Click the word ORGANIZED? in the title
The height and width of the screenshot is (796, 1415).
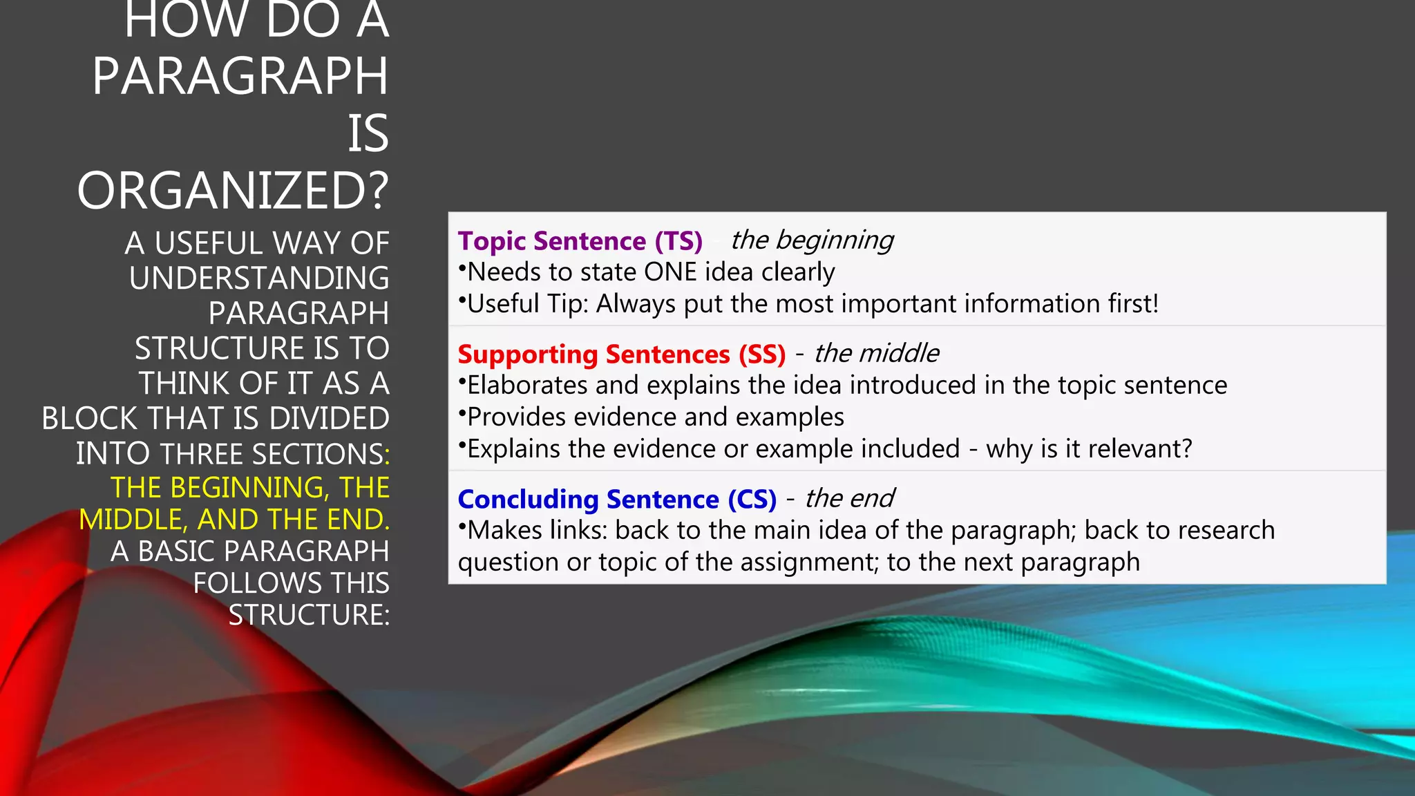pyautogui.click(x=233, y=191)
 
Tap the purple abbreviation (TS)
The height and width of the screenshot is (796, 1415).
pyautogui.click(x=678, y=241)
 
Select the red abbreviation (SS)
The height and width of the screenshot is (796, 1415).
pyautogui.click(x=762, y=354)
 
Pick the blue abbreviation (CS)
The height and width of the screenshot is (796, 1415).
pyautogui.click(x=752, y=500)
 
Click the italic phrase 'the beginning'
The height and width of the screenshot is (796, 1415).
pyautogui.click(x=812, y=240)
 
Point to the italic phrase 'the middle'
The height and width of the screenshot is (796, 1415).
pyautogui.click(x=876, y=353)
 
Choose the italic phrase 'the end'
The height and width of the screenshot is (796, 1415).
pyautogui.click(x=849, y=498)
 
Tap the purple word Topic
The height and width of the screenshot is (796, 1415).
pyautogui.click(x=492, y=241)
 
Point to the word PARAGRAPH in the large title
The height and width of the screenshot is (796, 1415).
pyautogui.click(x=240, y=76)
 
